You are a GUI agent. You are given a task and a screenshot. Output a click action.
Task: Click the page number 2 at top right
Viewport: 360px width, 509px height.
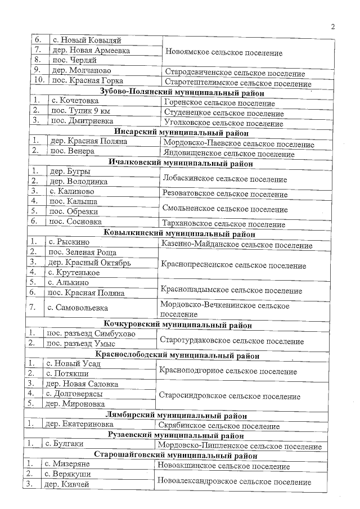pos(333,26)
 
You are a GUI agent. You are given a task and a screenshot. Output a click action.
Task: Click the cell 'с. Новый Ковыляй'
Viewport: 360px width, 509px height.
pos(86,40)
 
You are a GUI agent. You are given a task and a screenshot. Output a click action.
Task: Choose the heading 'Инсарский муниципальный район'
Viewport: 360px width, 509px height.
pos(177,133)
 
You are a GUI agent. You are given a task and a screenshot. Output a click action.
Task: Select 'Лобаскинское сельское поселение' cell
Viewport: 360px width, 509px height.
pos(224,179)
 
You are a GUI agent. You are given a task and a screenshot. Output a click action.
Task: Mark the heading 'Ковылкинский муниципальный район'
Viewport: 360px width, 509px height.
pos(179,233)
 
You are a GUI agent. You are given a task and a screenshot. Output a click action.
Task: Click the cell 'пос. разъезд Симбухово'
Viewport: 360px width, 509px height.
pos(90,334)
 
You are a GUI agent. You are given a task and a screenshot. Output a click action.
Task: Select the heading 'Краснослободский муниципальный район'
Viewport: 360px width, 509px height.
pos(177,355)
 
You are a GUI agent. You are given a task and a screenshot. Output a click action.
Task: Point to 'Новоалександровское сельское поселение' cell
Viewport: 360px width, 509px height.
pos(235,482)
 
